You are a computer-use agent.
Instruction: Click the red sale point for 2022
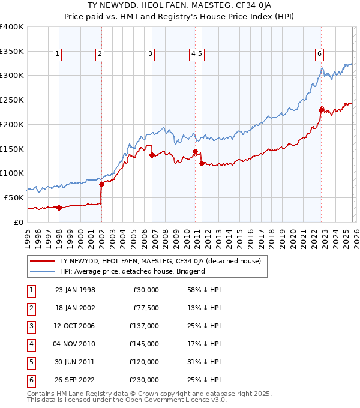click(322, 109)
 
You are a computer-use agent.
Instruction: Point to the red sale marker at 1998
click(59, 208)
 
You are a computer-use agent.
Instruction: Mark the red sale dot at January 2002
click(101, 184)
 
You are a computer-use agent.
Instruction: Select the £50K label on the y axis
click(14, 197)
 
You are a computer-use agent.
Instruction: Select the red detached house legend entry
click(160, 261)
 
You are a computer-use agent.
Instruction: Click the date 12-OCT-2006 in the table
click(74, 326)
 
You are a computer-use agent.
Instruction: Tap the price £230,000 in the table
click(146, 380)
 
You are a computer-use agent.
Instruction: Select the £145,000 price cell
click(146, 344)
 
